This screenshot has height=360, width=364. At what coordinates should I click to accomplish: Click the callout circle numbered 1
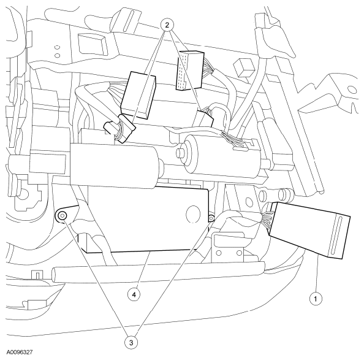point(316,299)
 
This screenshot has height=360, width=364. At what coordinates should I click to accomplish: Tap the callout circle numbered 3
point(131,342)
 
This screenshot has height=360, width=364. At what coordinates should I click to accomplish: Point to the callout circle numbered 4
point(134,295)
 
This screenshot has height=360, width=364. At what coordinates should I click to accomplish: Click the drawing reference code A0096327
point(20,353)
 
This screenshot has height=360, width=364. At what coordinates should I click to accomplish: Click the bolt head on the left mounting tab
point(62,216)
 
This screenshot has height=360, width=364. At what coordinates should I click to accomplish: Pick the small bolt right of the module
point(211,218)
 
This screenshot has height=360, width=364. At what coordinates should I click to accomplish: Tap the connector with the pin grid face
point(189,70)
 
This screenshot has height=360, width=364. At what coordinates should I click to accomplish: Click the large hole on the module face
point(194,214)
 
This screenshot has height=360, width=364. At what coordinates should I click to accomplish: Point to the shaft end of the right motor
point(180,153)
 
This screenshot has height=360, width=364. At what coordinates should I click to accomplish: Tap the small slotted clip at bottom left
point(36,275)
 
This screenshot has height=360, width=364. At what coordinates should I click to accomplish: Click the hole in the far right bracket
point(352,90)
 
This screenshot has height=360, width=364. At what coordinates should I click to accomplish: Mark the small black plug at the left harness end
point(109,128)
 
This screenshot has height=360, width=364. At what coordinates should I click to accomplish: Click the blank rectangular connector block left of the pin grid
point(138,95)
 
